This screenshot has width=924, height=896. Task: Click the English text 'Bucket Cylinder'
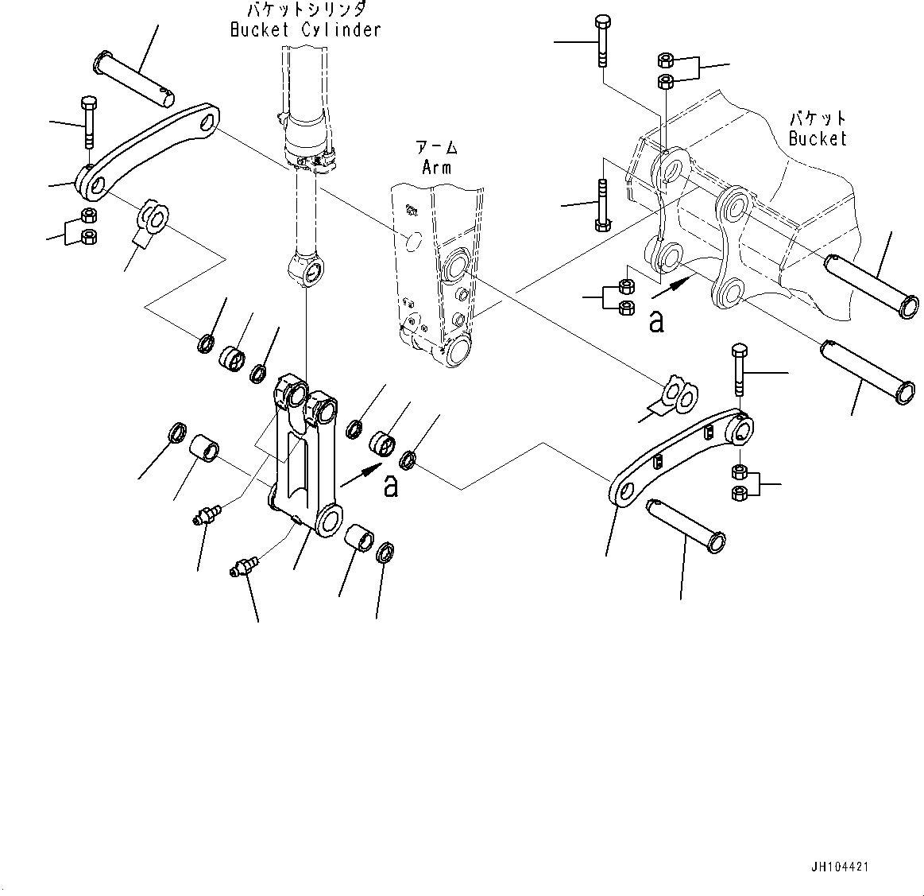pyautogui.click(x=305, y=30)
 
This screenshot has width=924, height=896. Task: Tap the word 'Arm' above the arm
pyautogui.click(x=436, y=167)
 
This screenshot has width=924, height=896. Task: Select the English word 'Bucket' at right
pyautogui.click(x=818, y=138)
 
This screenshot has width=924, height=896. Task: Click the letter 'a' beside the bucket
pyautogui.click(x=655, y=322)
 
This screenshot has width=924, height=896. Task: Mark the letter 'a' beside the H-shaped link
pyautogui.click(x=390, y=486)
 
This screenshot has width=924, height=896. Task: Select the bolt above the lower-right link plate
pyautogui.click(x=738, y=369)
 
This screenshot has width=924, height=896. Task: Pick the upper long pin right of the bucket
pyautogui.click(x=872, y=284)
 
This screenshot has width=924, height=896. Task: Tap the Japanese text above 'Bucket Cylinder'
pyautogui.click(x=305, y=10)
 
